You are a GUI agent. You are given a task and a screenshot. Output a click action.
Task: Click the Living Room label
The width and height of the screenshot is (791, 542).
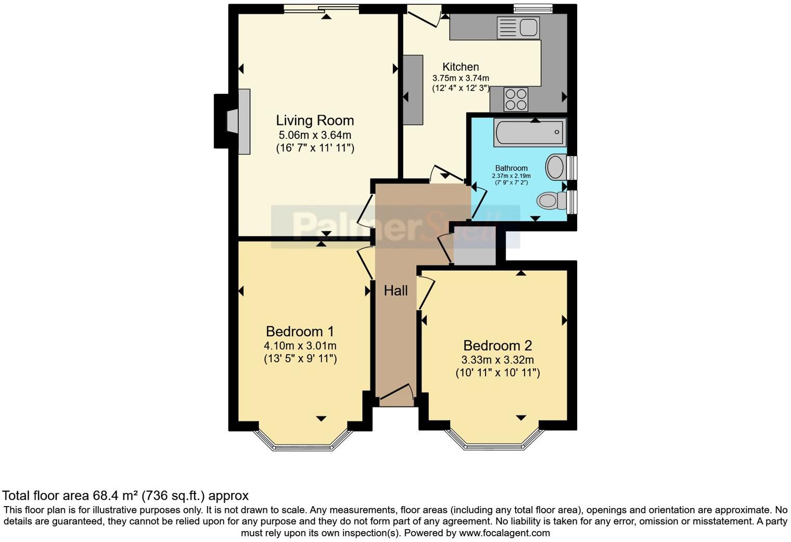(x=315, y=121)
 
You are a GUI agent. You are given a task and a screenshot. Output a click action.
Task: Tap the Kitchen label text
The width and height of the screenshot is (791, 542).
(x=461, y=67)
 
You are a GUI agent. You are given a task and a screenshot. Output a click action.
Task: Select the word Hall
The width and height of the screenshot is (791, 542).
(x=395, y=291)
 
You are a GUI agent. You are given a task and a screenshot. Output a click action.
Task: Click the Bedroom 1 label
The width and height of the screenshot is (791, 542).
(x=300, y=332)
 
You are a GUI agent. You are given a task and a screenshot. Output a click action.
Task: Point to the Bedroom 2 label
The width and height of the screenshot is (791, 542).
(x=497, y=346)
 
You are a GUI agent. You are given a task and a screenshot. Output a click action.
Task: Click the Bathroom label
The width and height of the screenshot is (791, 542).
(x=511, y=168)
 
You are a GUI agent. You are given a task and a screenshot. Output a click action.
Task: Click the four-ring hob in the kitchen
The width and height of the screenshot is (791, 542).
(x=516, y=99)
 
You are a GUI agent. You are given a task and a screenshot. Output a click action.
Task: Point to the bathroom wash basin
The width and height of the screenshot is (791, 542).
(x=555, y=167)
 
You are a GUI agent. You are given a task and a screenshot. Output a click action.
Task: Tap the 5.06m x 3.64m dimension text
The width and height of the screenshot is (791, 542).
(x=315, y=135)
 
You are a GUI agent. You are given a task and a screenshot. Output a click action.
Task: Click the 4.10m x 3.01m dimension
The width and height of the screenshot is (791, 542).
(x=300, y=346)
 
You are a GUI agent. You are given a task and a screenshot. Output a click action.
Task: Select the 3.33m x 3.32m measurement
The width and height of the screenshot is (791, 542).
(x=497, y=360)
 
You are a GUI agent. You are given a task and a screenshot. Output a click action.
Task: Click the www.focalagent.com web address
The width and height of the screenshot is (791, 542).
(x=504, y=533)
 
